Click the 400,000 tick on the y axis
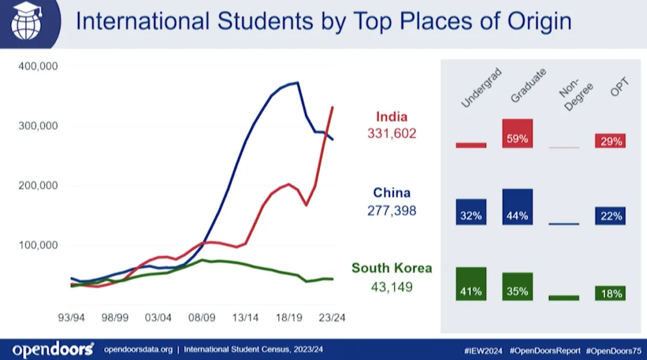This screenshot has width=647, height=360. click(x=37, y=66)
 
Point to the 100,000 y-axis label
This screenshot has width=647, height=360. click(x=37, y=245)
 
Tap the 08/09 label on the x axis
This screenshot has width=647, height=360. click(x=201, y=318)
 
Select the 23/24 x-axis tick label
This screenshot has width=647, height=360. click(x=331, y=318)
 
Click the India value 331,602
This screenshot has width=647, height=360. click(x=392, y=134)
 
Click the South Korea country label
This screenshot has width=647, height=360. click(x=392, y=268)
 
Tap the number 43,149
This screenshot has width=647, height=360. click(x=392, y=287)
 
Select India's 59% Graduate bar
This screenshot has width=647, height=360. click(x=518, y=134)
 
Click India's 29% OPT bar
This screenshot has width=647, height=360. click(x=610, y=141)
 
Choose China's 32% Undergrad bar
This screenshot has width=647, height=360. click(x=471, y=212)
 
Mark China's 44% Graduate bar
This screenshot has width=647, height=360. click(x=518, y=207)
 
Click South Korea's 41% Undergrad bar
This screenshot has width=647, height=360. click(x=471, y=284)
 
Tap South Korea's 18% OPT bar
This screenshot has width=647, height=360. click(x=610, y=293)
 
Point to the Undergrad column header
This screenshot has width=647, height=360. click(x=480, y=89)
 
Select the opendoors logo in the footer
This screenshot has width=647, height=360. click(x=53, y=349)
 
